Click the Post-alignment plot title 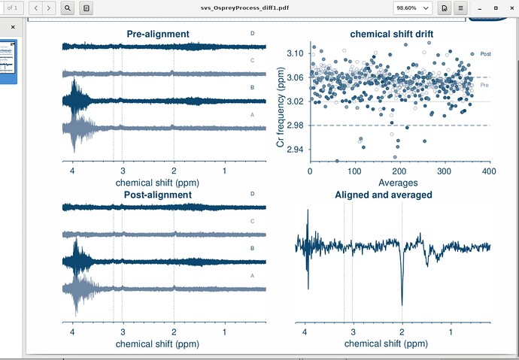[158, 195]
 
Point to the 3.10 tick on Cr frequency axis [295, 53]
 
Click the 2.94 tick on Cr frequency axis [295, 150]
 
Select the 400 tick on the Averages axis [488, 171]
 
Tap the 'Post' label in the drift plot [485, 55]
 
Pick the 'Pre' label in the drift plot [484, 86]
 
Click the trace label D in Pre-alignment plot [252, 34]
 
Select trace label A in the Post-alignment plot [252, 276]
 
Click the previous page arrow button [34, 8]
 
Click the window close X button [510, 8]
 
